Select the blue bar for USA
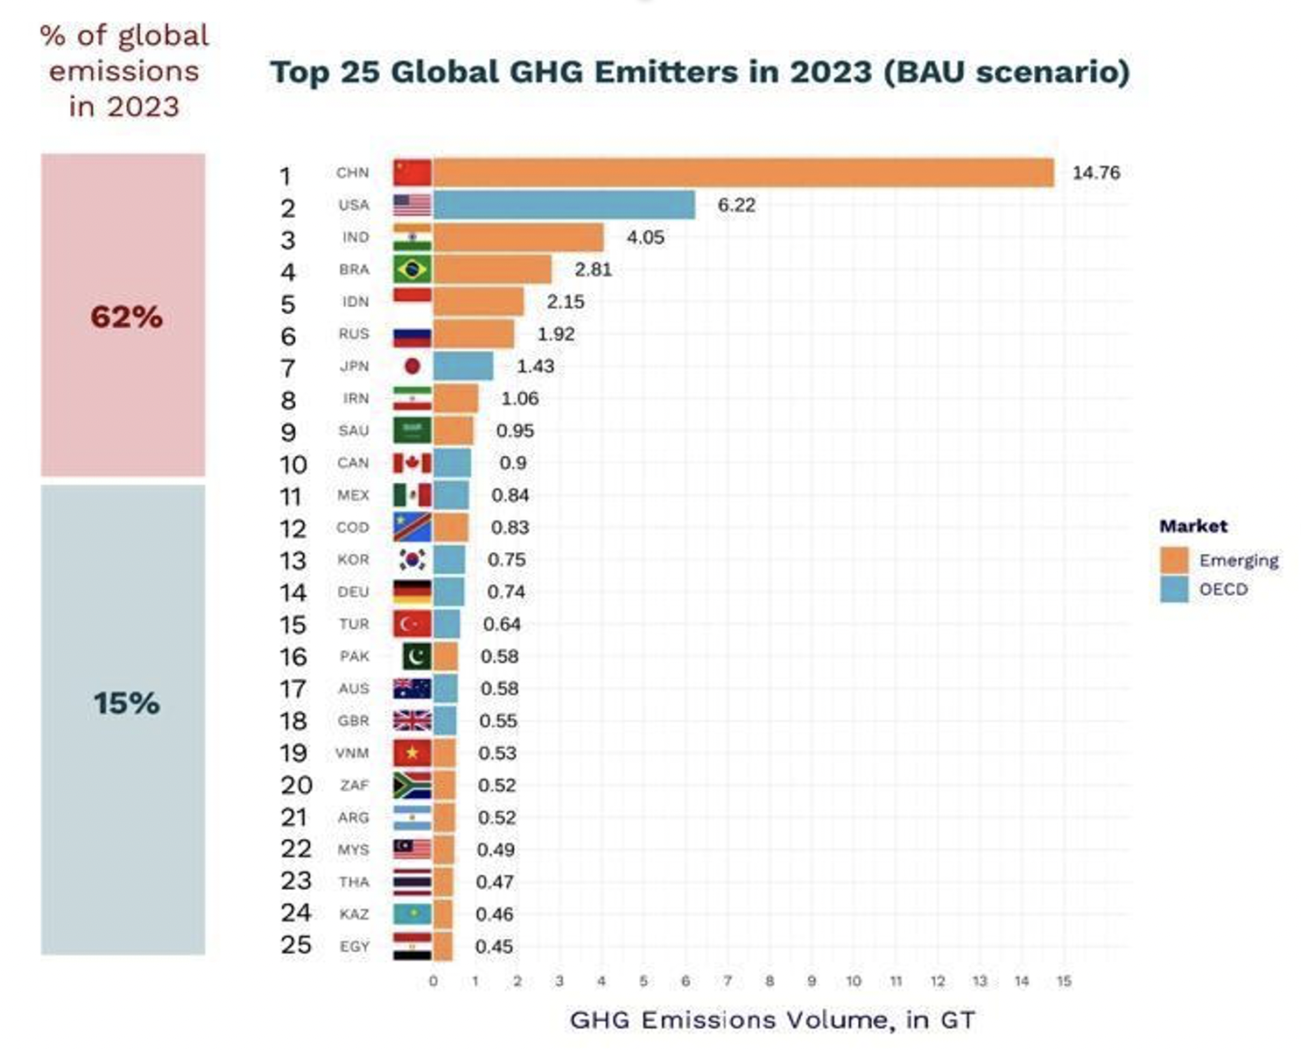(x=564, y=205)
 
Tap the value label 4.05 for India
(x=645, y=237)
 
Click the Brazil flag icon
(x=411, y=269)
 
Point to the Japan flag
(x=411, y=366)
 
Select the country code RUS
(x=354, y=333)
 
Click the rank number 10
(x=293, y=464)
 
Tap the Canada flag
(x=411, y=463)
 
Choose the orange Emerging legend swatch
(x=1173, y=560)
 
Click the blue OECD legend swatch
(x=1173, y=589)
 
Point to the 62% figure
(x=126, y=317)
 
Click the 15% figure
(x=126, y=703)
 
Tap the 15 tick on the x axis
(x=1064, y=981)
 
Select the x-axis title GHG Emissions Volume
(x=771, y=1019)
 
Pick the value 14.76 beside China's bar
(x=1096, y=172)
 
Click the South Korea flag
(x=411, y=559)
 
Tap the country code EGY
(x=354, y=946)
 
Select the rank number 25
(x=296, y=945)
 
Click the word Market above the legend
(x=1192, y=526)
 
